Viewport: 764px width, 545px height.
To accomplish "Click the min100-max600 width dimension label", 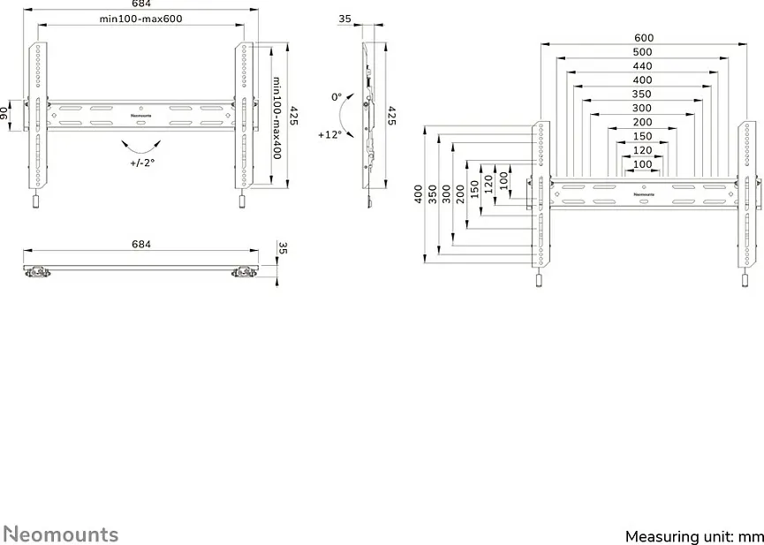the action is click(x=140, y=19).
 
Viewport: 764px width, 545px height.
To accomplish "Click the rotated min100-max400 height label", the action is click(x=276, y=117).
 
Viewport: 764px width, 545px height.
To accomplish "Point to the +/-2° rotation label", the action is click(x=142, y=163).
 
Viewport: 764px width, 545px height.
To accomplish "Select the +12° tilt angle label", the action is click(x=329, y=134).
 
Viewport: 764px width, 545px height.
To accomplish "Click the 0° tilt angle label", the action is click(x=337, y=97).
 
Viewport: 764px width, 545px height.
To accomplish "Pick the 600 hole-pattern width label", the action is click(x=644, y=38).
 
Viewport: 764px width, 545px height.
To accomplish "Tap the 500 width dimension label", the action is click(x=642, y=52).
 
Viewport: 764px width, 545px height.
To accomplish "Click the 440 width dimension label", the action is click(x=642, y=66).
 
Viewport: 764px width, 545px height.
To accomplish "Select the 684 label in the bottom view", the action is click(x=141, y=244).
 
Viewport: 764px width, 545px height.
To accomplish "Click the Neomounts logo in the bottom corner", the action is click(x=61, y=534).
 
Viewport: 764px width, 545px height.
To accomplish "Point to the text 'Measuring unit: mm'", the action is click(x=694, y=537).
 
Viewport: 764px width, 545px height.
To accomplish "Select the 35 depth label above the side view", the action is click(x=344, y=19).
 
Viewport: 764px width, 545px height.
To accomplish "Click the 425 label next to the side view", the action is click(x=391, y=116).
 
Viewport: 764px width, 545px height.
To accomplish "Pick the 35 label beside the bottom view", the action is click(x=284, y=248).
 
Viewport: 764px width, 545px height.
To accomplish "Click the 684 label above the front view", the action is click(x=141, y=4).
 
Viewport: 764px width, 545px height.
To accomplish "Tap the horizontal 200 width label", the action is click(x=642, y=123).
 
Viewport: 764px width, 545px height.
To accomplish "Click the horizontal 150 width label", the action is click(x=642, y=137).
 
